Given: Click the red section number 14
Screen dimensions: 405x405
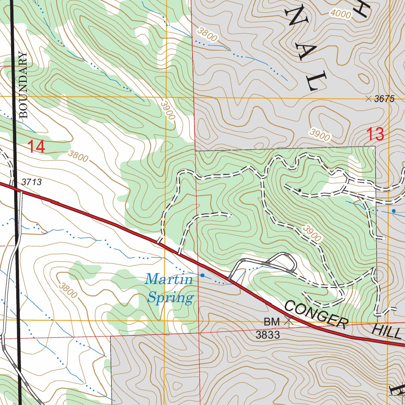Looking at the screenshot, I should pyautogui.click(x=36, y=147).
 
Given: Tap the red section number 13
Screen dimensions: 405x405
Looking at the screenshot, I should pyautogui.click(x=375, y=134).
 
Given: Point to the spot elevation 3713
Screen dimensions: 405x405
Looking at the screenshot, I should pyautogui.click(x=32, y=182).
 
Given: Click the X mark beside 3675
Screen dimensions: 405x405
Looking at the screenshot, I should pyautogui.click(x=369, y=99).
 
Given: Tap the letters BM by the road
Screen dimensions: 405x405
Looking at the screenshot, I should pyautogui.click(x=272, y=321).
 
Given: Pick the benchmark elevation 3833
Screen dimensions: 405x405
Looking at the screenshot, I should pyautogui.click(x=268, y=335).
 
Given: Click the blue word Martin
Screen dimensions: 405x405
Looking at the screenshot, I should pyautogui.click(x=169, y=280).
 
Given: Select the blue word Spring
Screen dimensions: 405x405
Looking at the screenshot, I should pyautogui.click(x=170, y=297).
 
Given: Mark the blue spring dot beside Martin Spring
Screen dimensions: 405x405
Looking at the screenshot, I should pyautogui.click(x=202, y=275).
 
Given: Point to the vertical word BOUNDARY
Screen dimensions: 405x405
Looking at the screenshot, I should pyautogui.click(x=24, y=85).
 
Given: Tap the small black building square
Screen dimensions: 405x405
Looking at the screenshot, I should pyautogui.click(x=300, y=191).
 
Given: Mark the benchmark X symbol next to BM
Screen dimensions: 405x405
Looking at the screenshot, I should pyautogui.click(x=289, y=322).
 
